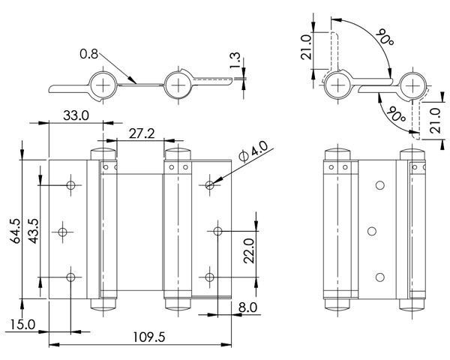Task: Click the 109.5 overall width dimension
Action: [149, 337]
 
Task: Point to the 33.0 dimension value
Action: [76, 115]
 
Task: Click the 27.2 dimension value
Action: [142, 133]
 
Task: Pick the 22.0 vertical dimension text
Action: [249, 250]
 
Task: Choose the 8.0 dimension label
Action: [247, 307]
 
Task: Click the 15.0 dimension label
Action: [23, 325]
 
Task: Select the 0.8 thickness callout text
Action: [89, 54]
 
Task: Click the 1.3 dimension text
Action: [235, 60]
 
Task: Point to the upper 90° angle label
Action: [384, 37]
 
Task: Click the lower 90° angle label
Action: [396, 114]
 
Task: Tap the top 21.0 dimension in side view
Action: [306, 46]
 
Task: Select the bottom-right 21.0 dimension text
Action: [435, 120]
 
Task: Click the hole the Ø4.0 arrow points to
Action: [210, 185]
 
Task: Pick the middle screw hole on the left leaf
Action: [62, 232]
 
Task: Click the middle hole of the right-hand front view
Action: [372, 232]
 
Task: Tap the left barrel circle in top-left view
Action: [103, 85]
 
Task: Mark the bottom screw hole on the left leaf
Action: [70, 277]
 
